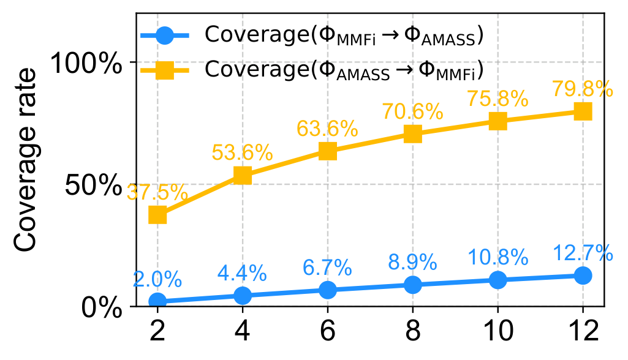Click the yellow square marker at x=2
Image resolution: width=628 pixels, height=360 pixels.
157,215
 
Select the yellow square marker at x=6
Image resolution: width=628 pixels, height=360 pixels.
328,151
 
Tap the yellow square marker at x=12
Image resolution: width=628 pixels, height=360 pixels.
583,111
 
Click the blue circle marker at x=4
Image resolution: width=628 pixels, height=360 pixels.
243,296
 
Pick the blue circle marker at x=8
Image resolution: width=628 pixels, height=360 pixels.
413,285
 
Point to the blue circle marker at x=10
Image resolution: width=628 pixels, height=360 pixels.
497,280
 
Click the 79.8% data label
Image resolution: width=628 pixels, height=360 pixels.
583,89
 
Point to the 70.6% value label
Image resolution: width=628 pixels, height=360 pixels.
413,111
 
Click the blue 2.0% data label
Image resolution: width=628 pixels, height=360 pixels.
157,280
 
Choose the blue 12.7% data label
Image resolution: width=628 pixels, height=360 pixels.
583,252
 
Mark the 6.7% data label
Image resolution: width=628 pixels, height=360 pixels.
328,268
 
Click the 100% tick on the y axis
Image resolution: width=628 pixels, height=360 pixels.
86,63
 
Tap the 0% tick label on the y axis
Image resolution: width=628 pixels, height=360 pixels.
102,307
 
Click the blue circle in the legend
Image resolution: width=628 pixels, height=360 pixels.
165,35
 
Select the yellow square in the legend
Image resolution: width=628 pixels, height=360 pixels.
165,69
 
